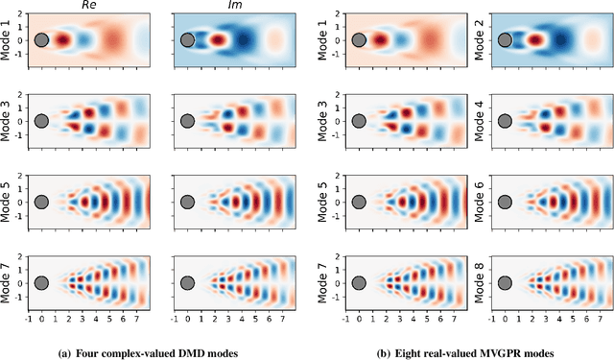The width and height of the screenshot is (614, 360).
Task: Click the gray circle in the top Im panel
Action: tap(187, 40)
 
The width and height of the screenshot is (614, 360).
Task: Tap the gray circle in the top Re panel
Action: tap(41, 40)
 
